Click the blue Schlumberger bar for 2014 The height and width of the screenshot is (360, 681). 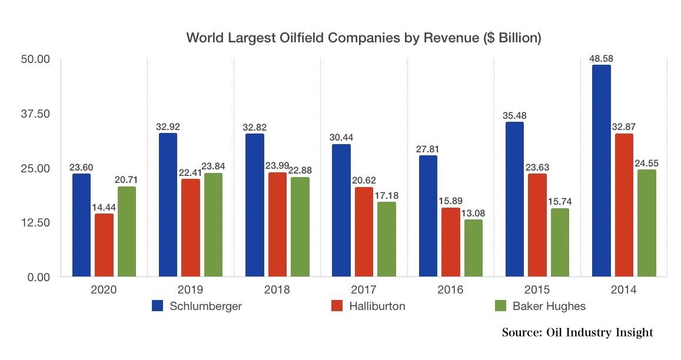coord(601,171)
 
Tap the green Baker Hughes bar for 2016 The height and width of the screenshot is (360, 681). coord(473,248)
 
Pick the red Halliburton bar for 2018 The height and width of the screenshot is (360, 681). coord(277,224)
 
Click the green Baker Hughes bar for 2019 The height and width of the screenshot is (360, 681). coord(213,224)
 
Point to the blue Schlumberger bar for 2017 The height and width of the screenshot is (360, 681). coord(341,210)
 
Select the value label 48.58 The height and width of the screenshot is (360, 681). coord(600,58)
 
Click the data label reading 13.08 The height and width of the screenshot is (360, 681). coord(473,213)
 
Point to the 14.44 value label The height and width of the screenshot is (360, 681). coord(104,207)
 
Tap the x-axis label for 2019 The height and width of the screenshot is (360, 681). coord(190,289)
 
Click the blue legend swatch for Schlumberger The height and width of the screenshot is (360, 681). coord(158,306)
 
